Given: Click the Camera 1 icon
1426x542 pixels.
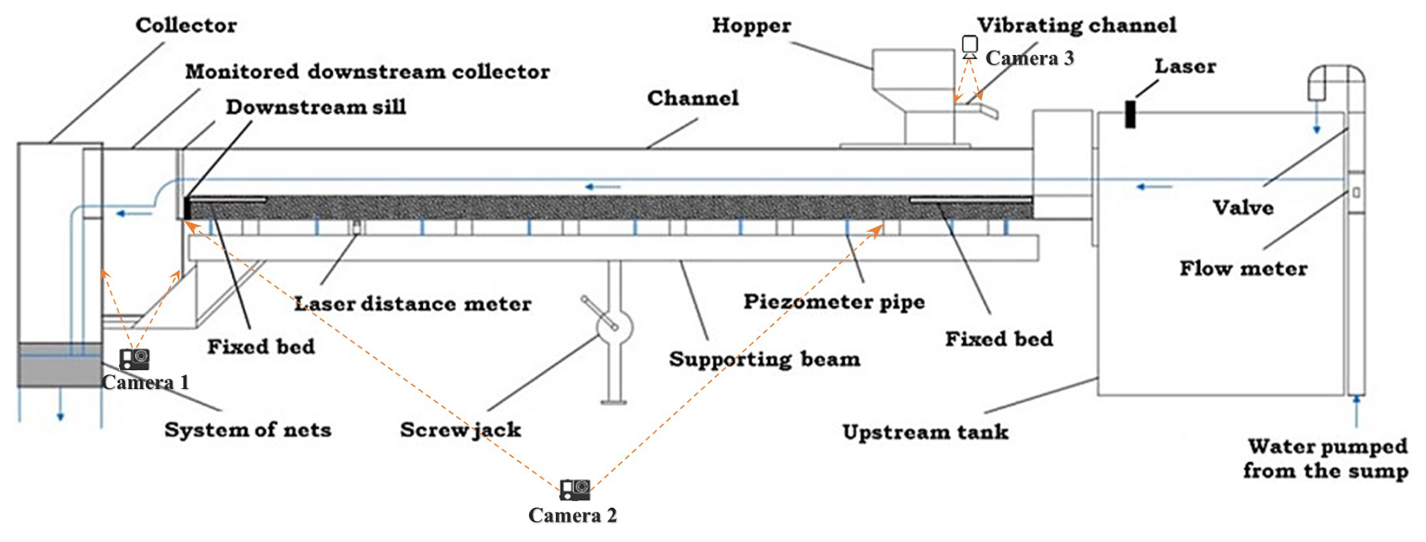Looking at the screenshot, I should (x=134, y=359).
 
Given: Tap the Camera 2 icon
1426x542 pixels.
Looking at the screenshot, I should (x=575, y=490).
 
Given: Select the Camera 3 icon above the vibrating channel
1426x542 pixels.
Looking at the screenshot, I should (x=970, y=47).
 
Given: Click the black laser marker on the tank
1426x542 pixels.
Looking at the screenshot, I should (x=1130, y=114).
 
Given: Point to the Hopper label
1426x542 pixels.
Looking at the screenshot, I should (x=751, y=26).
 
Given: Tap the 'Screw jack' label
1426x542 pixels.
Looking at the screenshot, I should (x=461, y=430).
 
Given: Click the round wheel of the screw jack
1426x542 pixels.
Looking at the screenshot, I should (x=614, y=326).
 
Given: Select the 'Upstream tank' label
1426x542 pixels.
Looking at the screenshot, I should (x=926, y=432).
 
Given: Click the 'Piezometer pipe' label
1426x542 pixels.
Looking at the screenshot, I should (x=834, y=302).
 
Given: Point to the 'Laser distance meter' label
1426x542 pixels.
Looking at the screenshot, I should (x=412, y=304).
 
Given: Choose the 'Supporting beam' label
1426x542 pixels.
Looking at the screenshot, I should (x=764, y=359).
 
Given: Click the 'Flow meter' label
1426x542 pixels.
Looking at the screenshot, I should (x=1244, y=268).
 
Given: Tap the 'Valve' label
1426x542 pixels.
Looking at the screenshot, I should (x=1243, y=207).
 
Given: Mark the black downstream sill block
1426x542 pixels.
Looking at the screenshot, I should (x=188, y=207).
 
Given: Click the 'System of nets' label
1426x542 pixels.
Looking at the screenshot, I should (x=248, y=430).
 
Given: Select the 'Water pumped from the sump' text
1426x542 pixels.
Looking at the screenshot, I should (x=1327, y=458).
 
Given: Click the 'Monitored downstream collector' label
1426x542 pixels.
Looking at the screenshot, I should (x=368, y=72).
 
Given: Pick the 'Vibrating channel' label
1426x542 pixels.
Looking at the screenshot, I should (x=1077, y=26).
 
